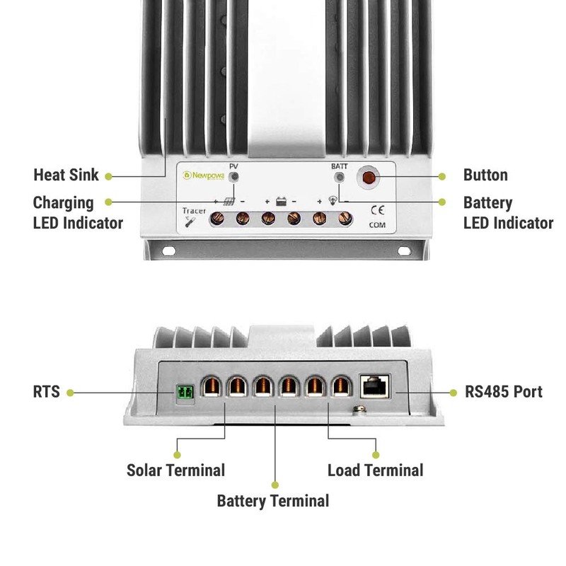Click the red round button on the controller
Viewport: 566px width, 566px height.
[x=368, y=177]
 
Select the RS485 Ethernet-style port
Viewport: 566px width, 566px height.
[x=374, y=386]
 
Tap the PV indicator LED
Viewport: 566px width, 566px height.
[x=235, y=176]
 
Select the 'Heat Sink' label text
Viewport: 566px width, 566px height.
[x=66, y=175]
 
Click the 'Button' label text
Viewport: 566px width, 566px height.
[x=485, y=175]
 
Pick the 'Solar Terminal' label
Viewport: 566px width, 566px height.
[x=175, y=470]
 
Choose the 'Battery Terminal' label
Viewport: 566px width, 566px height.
[x=272, y=501]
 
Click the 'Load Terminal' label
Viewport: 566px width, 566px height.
[x=375, y=470]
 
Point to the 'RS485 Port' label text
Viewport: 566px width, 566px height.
[x=504, y=391]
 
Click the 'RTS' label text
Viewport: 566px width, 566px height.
[x=47, y=391]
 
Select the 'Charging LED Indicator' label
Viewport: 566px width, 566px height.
[x=78, y=212]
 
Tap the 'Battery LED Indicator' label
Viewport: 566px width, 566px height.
[x=508, y=212]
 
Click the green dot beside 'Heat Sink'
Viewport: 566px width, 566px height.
[x=108, y=175]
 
